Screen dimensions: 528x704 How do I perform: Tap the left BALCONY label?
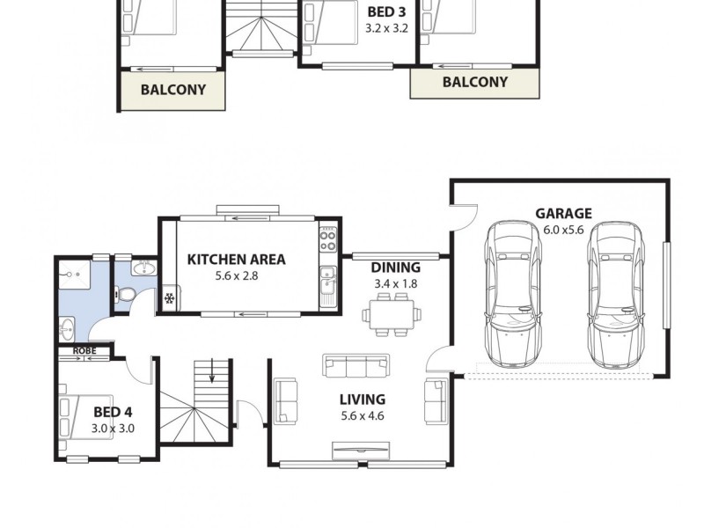(x=172, y=90)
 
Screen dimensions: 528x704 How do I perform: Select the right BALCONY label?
(x=474, y=82)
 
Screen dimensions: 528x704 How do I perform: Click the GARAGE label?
(x=563, y=213)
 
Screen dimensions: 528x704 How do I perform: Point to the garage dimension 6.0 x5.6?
(x=563, y=229)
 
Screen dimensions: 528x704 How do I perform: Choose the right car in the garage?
(x=615, y=295)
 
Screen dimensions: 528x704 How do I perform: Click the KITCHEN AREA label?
(x=236, y=259)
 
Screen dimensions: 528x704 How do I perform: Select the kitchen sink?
(x=327, y=283)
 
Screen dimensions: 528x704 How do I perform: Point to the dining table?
(x=389, y=315)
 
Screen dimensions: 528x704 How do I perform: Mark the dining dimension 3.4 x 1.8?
(x=395, y=283)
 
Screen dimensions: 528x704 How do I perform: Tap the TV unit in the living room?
(x=362, y=452)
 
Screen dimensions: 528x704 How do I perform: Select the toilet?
(x=127, y=295)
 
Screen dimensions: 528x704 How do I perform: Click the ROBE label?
(x=84, y=351)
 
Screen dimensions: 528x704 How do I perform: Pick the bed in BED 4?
(x=74, y=418)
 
